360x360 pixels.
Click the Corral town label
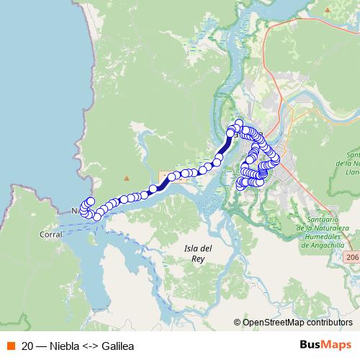(51, 234)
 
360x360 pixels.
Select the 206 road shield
(351, 256)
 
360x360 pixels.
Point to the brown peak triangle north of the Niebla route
(127, 178)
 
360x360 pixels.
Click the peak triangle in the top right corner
(328, 10)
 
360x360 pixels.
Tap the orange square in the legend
(9, 345)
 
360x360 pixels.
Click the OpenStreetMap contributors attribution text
(299, 323)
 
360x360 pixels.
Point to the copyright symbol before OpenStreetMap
(238, 323)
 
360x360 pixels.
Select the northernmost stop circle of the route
(240, 123)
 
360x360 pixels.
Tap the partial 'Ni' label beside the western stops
(76, 211)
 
